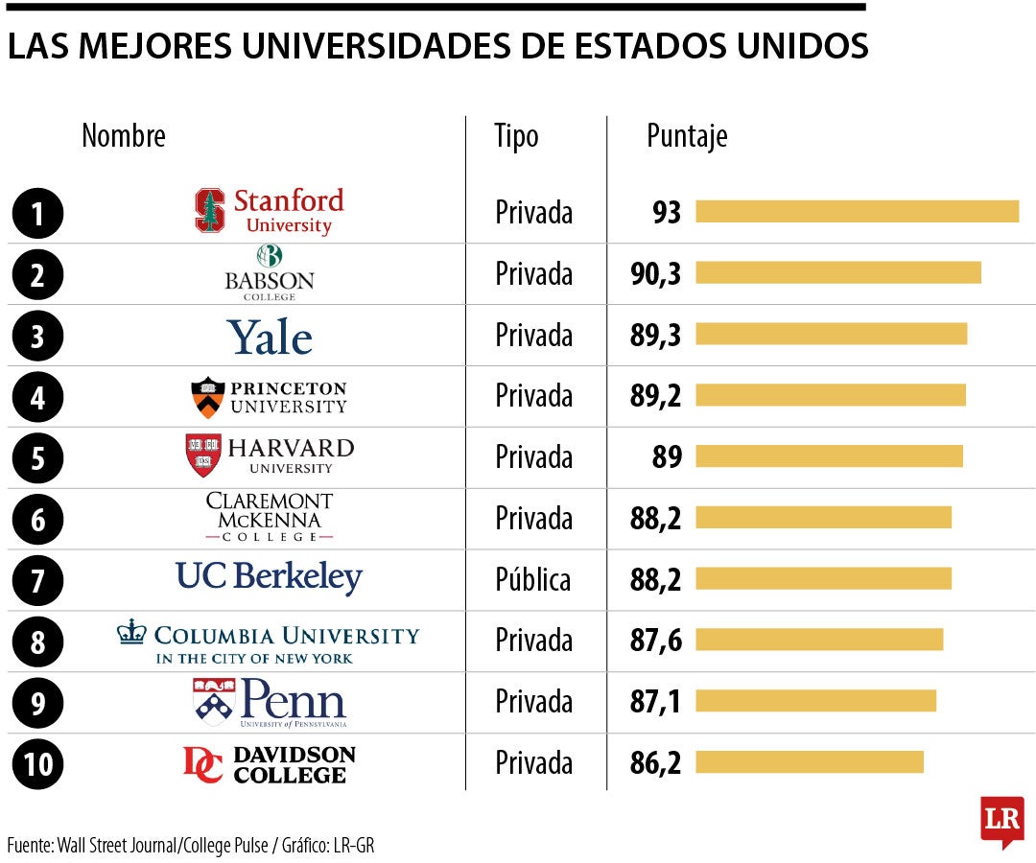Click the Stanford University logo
pyautogui.click(x=270, y=212)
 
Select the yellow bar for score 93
pyautogui.click(x=857, y=212)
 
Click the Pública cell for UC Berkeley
pyautogui.click(x=532, y=579)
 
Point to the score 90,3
pyautogui.click(x=655, y=273)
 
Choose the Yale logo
pyautogui.click(x=270, y=337)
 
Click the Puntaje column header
pyautogui.click(x=687, y=136)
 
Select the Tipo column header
pyautogui.click(x=516, y=136)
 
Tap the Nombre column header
pyautogui.click(x=124, y=136)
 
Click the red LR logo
pyautogui.click(x=1001, y=820)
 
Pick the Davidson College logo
pyautogui.click(x=270, y=764)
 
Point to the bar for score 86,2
pyautogui.click(x=809, y=762)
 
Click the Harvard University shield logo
pyautogui.click(x=203, y=455)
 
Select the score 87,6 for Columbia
pyautogui.click(x=655, y=641)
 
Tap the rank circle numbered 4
pyautogui.click(x=37, y=397)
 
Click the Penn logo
pyautogui.click(x=270, y=702)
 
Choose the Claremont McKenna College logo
pyautogui.click(x=270, y=518)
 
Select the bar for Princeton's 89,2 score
pyautogui.click(x=830, y=395)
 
